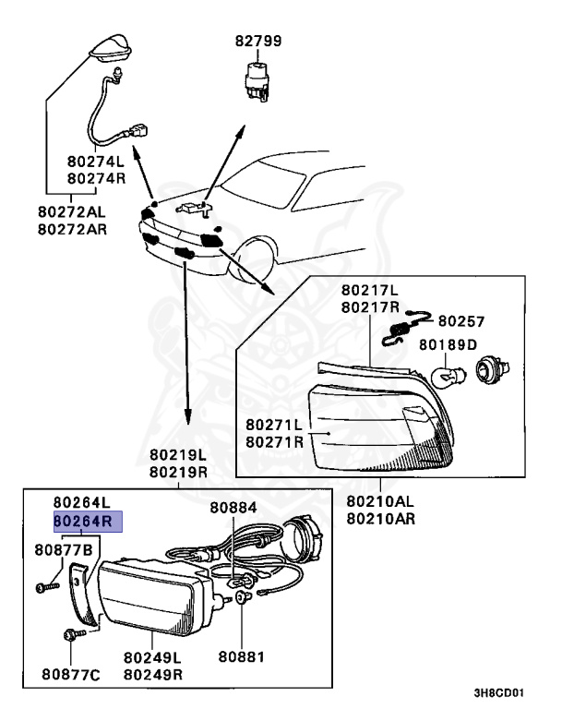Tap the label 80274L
point(95,160)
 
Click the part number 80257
point(460,321)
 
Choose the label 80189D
point(448,344)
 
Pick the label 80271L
point(274,425)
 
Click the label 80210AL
point(381,501)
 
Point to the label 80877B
point(64,550)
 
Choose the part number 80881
point(241,657)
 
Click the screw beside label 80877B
point(45,585)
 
